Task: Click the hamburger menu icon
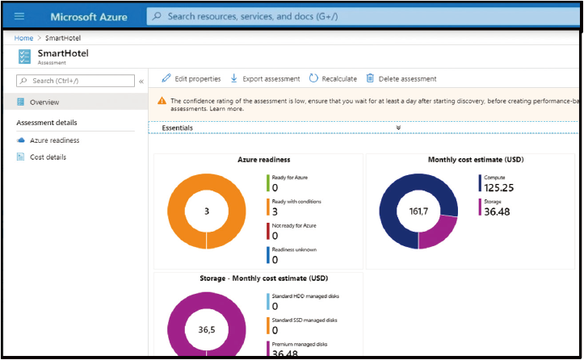coord(19,16)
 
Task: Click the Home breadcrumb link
coord(23,38)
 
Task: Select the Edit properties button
coord(191,78)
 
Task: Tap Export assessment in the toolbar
coord(265,78)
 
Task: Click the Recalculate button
coord(333,78)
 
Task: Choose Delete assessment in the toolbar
coord(401,78)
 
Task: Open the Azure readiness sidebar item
coord(48,140)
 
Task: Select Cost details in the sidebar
coord(42,157)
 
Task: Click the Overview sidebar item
coord(38,102)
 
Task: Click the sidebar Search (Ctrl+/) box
coord(75,81)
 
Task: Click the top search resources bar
coord(363,16)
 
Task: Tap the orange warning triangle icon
coord(162,101)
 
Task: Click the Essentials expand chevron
coord(398,128)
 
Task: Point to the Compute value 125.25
coord(498,187)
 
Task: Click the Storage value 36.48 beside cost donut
coord(497,211)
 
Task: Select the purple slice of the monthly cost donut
coord(439,232)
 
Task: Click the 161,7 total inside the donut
coord(418,211)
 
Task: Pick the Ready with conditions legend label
coord(296,202)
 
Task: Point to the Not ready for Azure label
coord(294,225)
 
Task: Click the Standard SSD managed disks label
coord(305,320)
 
